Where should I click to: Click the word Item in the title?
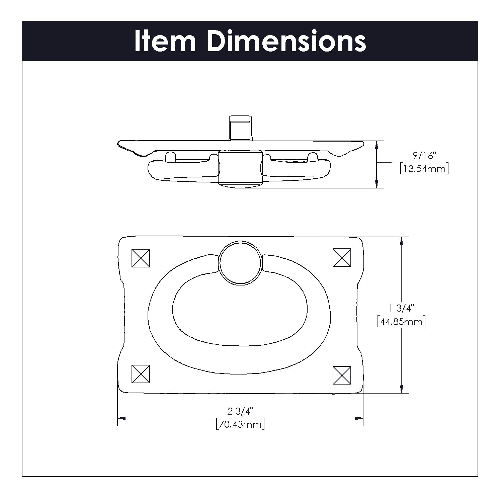(x=165, y=41)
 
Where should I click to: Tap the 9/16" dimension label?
(x=424, y=156)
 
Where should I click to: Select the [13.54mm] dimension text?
(x=424, y=168)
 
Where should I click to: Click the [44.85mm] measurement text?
(x=401, y=322)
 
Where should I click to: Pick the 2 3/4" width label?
(x=240, y=411)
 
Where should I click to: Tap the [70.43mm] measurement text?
(x=240, y=424)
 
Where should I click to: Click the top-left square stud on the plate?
(x=141, y=258)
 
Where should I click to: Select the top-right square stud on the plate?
(x=342, y=257)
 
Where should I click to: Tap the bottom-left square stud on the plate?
(x=141, y=374)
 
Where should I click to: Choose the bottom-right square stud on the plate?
(x=342, y=375)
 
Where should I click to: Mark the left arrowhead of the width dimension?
(x=121, y=418)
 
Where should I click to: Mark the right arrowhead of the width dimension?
(x=359, y=418)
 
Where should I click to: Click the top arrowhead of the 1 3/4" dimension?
(x=401, y=241)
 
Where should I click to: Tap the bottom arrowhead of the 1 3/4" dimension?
(x=401, y=389)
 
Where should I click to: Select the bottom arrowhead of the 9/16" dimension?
(x=377, y=184)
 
